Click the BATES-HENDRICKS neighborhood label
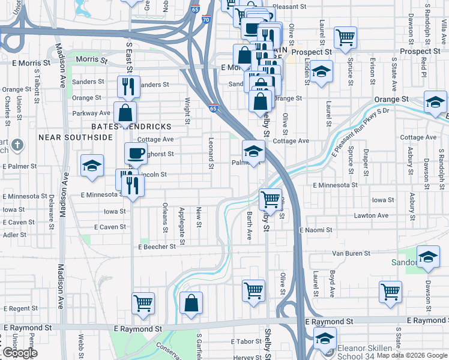tap(131, 127)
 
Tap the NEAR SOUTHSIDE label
tap(76, 137)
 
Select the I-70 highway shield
tap(206, 20)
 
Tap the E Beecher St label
tap(157, 247)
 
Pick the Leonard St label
tap(211, 152)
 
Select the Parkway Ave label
tap(92, 113)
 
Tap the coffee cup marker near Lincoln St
tap(136, 153)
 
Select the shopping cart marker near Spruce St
tap(346, 37)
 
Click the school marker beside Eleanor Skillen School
tap(325, 339)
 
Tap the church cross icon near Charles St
tap(18, 145)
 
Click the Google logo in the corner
tap(20, 353)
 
